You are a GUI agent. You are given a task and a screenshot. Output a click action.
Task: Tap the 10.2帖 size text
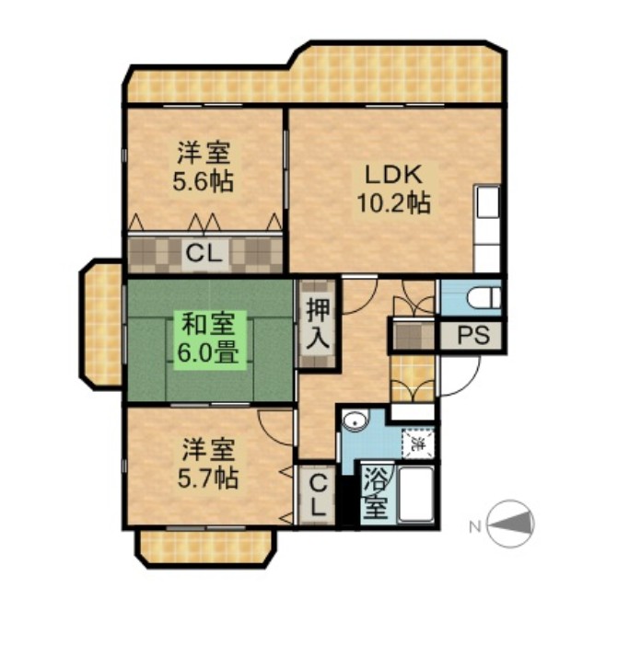pos(393,203)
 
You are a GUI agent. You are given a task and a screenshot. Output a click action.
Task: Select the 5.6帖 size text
pos(203,180)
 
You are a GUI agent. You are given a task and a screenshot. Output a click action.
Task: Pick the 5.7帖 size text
pos(207,478)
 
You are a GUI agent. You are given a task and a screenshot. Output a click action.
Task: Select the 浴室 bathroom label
pos(374,494)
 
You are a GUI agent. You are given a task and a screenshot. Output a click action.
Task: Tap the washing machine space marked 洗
pos(417,444)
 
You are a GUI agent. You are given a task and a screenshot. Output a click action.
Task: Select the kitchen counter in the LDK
pos(486,227)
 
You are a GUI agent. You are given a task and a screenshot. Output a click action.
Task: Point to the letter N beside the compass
pos(473,526)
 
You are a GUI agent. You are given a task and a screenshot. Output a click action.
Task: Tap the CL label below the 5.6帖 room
pos(204,253)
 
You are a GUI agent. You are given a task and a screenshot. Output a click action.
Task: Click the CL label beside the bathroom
pos(315,494)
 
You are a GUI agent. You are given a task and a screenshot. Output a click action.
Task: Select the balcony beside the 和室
pos(102,324)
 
